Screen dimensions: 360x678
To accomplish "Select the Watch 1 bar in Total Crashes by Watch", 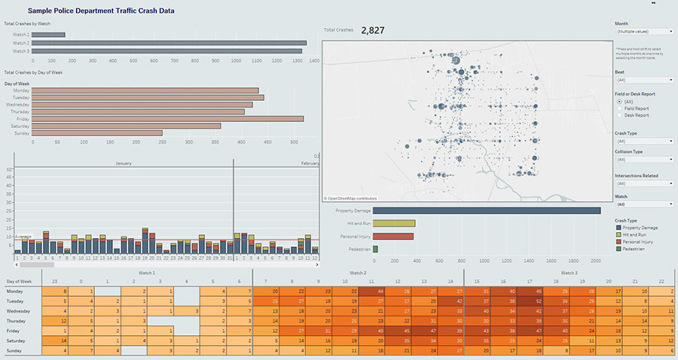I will tap(49, 35).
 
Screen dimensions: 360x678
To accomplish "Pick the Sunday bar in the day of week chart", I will tap(97, 133).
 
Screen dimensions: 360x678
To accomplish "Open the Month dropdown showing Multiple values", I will tap(644, 32).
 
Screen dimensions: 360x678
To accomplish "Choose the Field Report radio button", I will tap(619, 108).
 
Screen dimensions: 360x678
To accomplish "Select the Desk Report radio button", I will tap(619, 115).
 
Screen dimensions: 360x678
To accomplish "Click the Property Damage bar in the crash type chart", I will tap(486, 211).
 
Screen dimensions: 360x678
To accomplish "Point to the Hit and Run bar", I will tap(393, 224).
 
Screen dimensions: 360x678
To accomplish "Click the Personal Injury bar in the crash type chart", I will tap(392, 236).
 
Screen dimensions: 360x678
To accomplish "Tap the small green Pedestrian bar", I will tap(375, 249).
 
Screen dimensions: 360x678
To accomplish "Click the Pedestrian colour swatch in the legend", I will tap(618, 248).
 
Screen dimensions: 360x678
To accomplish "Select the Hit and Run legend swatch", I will tap(618, 234).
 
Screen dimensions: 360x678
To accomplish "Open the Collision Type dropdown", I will tap(644, 160).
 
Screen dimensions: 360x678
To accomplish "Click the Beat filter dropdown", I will tap(644, 80).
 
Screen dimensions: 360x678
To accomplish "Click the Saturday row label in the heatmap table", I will tap(15, 340).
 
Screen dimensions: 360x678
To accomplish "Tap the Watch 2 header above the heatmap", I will tap(358, 273).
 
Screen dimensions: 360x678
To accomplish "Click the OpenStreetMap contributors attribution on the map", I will tap(351, 198).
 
